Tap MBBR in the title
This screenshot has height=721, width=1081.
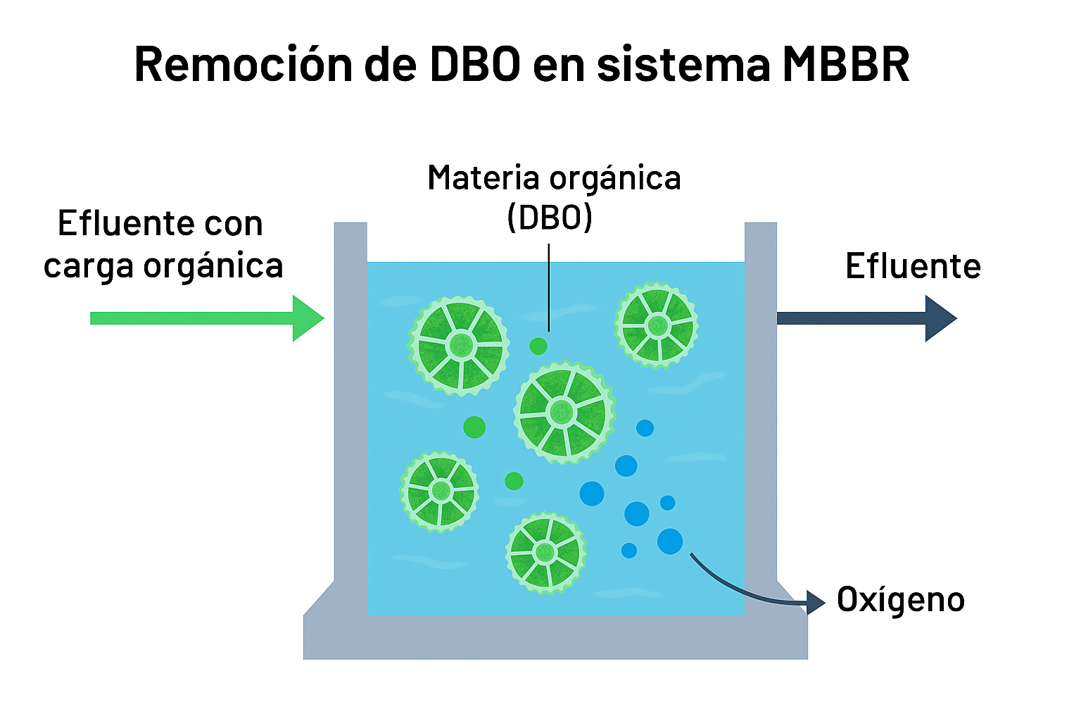(845, 65)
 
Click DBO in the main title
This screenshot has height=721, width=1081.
(475, 65)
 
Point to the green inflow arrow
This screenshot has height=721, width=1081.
(204, 318)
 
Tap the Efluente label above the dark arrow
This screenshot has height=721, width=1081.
(913, 266)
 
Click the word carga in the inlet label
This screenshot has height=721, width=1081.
(88, 266)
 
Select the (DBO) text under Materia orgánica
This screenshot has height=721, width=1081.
(550, 218)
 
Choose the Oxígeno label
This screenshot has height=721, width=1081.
(900, 600)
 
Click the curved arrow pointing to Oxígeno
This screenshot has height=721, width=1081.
(746, 591)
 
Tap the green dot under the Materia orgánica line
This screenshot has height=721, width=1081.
(538, 346)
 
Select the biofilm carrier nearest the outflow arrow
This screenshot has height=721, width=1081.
(657, 325)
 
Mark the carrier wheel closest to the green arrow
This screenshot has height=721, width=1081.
(460, 345)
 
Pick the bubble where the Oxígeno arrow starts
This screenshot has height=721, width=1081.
(670, 541)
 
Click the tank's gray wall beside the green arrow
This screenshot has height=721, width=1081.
(350, 394)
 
